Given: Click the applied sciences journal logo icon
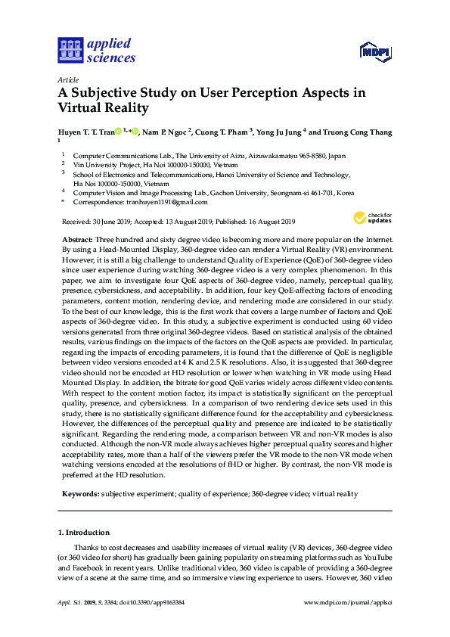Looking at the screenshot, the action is tap(70, 50).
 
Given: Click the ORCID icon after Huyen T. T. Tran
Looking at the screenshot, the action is tap(119, 132).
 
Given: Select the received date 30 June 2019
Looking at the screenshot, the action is tap(114, 222).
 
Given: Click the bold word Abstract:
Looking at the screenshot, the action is tap(77, 238).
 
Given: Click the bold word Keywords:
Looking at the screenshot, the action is tap(79, 493).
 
